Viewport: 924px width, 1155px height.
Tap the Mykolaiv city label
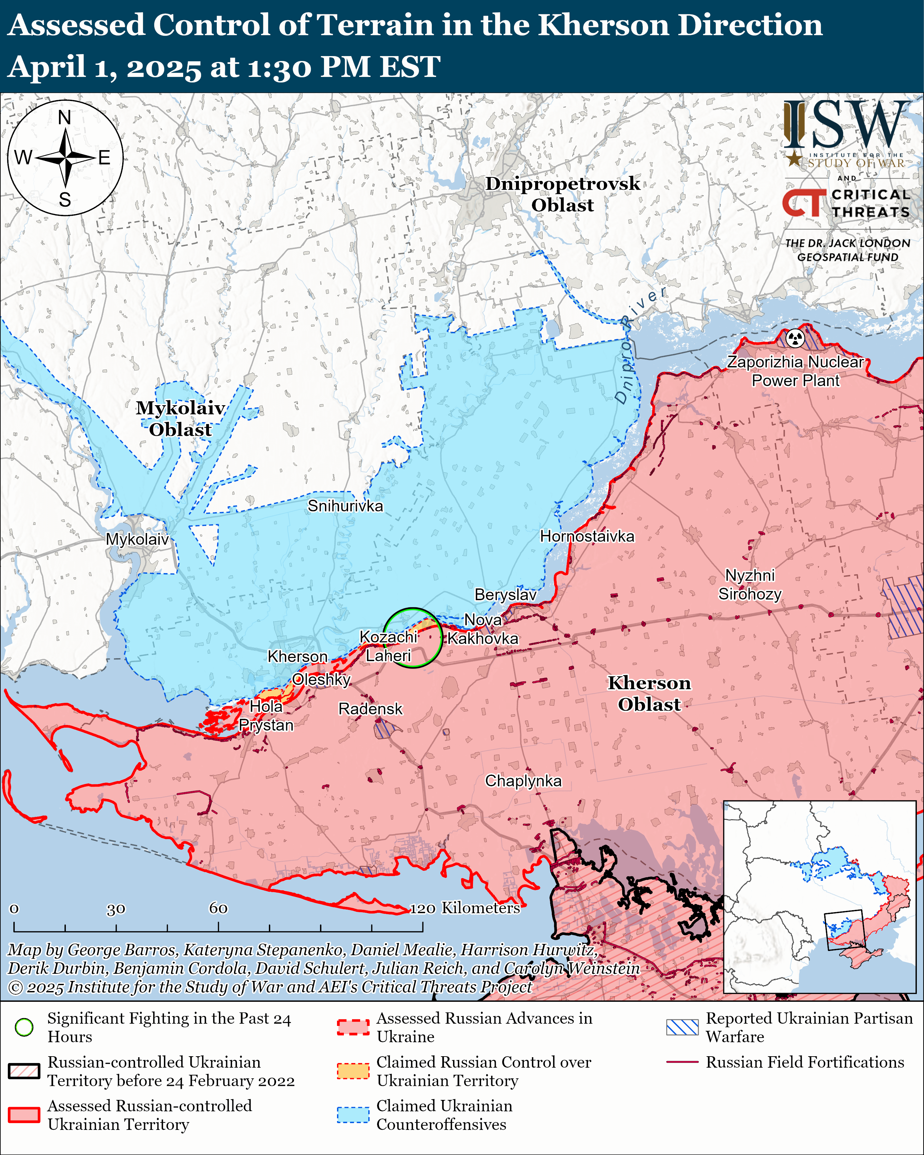point(137,539)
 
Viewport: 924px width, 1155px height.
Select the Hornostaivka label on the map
point(587,536)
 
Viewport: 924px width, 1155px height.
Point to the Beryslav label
point(505,595)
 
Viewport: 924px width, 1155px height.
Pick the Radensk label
point(370,709)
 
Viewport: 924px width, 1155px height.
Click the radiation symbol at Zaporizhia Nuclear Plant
point(796,339)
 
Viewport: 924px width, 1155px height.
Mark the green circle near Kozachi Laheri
point(412,638)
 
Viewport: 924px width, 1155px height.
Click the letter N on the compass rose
point(64,117)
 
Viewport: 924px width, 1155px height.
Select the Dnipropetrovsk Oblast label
point(563,194)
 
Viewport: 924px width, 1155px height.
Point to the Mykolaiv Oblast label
point(180,418)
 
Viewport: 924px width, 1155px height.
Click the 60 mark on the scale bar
point(218,909)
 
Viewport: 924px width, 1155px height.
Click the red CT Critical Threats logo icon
point(803,202)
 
